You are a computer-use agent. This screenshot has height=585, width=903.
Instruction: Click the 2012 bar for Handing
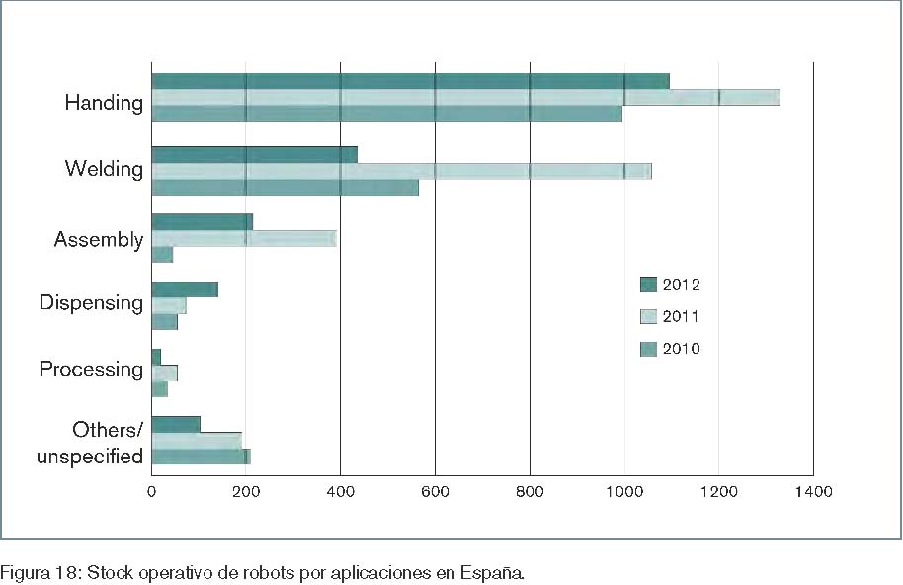410,81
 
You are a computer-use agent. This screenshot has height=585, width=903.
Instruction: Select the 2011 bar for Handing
465,97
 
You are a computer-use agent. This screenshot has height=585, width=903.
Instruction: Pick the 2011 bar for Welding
401,171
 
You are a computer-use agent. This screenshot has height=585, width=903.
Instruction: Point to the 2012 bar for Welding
254,154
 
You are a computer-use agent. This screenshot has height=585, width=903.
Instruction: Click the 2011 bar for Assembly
244,238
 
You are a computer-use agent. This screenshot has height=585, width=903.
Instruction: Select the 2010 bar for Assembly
162,255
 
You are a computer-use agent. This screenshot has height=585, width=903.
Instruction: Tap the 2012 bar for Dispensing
185,290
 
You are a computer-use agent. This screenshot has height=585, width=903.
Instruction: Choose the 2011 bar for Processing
164,373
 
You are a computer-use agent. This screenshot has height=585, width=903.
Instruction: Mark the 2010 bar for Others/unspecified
201,457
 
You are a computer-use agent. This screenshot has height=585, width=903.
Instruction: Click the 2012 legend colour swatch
649,285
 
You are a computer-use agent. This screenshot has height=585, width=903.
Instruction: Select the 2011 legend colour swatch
649,316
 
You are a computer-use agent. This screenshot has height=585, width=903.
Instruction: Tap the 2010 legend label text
681,349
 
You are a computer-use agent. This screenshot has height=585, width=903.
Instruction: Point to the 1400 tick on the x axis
813,490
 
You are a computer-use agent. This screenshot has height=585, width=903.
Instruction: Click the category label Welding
104,169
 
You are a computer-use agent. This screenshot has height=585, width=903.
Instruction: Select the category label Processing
91,370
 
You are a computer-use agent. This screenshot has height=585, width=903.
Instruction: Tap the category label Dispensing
91,302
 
